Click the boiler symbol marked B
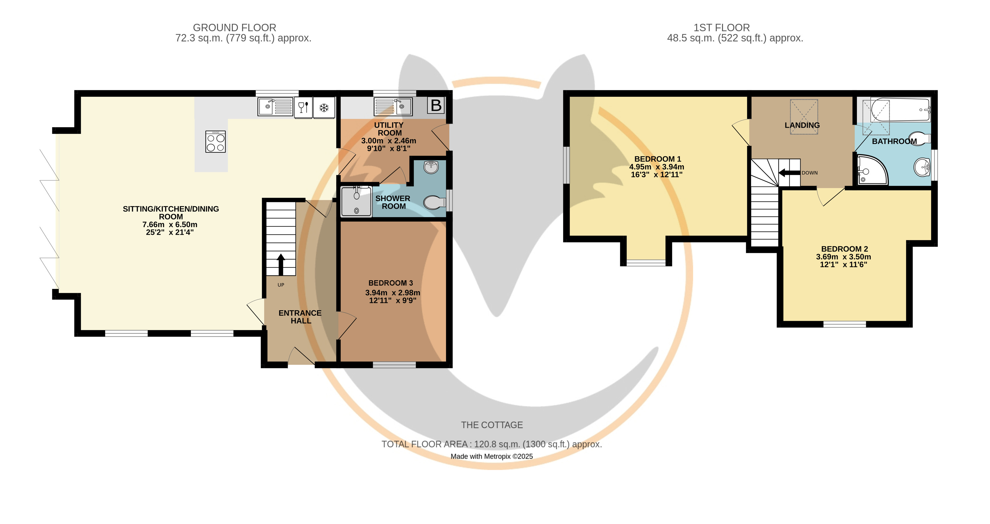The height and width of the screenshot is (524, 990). [x=436, y=105]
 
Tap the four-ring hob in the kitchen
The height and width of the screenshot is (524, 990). [x=216, y=142]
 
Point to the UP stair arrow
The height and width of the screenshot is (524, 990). [x=281, y=265]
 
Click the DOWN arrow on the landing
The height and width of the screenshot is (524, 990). [x=789, y=173]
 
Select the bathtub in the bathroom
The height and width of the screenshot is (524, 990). [x=900, y=110]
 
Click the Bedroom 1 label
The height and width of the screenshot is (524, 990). [x=658, y=159]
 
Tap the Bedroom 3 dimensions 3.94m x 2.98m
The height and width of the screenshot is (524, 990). [x=392, y=293]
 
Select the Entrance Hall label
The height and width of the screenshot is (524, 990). [x=300, y=317]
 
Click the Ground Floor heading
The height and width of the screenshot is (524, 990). [x=234, y=28]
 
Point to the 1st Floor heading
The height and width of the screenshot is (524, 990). [x=721, y=28]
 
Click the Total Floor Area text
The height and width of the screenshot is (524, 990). [x=492, y=444]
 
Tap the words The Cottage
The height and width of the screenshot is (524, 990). [x=492, y=425]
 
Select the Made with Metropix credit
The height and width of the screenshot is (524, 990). [x=492, y=456]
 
